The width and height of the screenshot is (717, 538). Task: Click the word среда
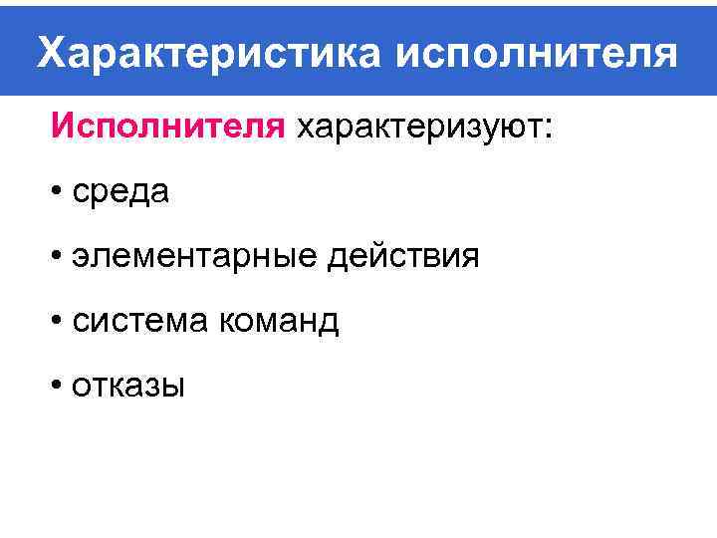point(120,193)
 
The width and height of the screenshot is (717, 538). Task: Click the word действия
point(402,257)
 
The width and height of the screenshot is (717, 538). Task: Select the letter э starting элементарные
point(82,258)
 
